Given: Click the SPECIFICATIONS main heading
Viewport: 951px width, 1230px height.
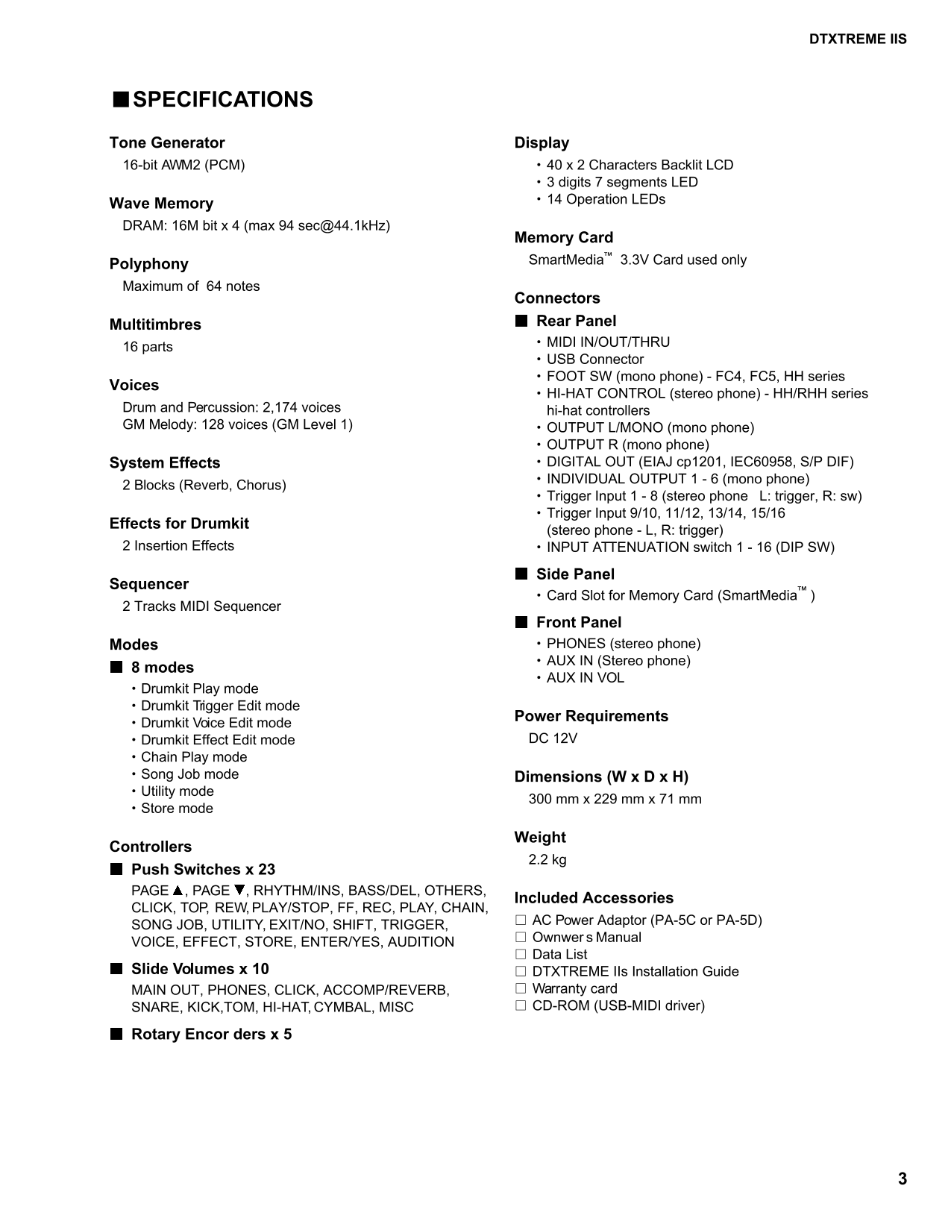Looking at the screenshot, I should click(222, 100).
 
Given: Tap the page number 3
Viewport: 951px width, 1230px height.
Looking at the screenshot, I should click(903, 1179).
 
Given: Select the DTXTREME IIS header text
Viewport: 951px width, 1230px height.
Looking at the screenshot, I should click(858, 40).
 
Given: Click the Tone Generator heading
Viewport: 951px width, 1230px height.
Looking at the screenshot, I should click(167, 142).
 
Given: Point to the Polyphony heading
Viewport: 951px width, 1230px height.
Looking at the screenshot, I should click(149, 264).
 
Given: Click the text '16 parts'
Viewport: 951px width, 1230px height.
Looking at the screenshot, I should click(148, 347).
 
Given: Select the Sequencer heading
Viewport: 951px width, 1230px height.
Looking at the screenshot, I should click(149, 584).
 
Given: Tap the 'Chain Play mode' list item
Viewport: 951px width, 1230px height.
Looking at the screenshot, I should click(194, 757).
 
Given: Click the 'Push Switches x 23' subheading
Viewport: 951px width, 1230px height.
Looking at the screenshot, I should click(203, 869).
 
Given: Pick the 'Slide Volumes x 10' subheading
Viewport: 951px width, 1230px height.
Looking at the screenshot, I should click(200, 969).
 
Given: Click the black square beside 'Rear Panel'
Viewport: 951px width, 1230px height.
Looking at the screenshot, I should click(521, 321).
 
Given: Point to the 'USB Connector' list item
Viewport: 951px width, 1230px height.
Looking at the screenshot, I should click(594, 360).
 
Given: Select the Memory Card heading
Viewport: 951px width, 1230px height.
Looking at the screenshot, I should click(564, 237).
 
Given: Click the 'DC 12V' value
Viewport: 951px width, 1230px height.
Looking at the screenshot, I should click(553, 738).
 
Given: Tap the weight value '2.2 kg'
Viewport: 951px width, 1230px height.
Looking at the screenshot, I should click(547, 859).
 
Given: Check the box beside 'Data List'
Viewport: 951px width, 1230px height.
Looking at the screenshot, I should click(521, 955).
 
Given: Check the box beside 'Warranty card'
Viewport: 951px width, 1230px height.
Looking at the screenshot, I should click(521, 989).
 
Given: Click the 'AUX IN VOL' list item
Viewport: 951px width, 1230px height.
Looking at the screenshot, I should click(585, 678).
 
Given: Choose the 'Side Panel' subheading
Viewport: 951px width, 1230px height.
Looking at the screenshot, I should click(575, 574).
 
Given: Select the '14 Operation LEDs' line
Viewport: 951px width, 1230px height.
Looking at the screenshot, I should click(606, 199).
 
